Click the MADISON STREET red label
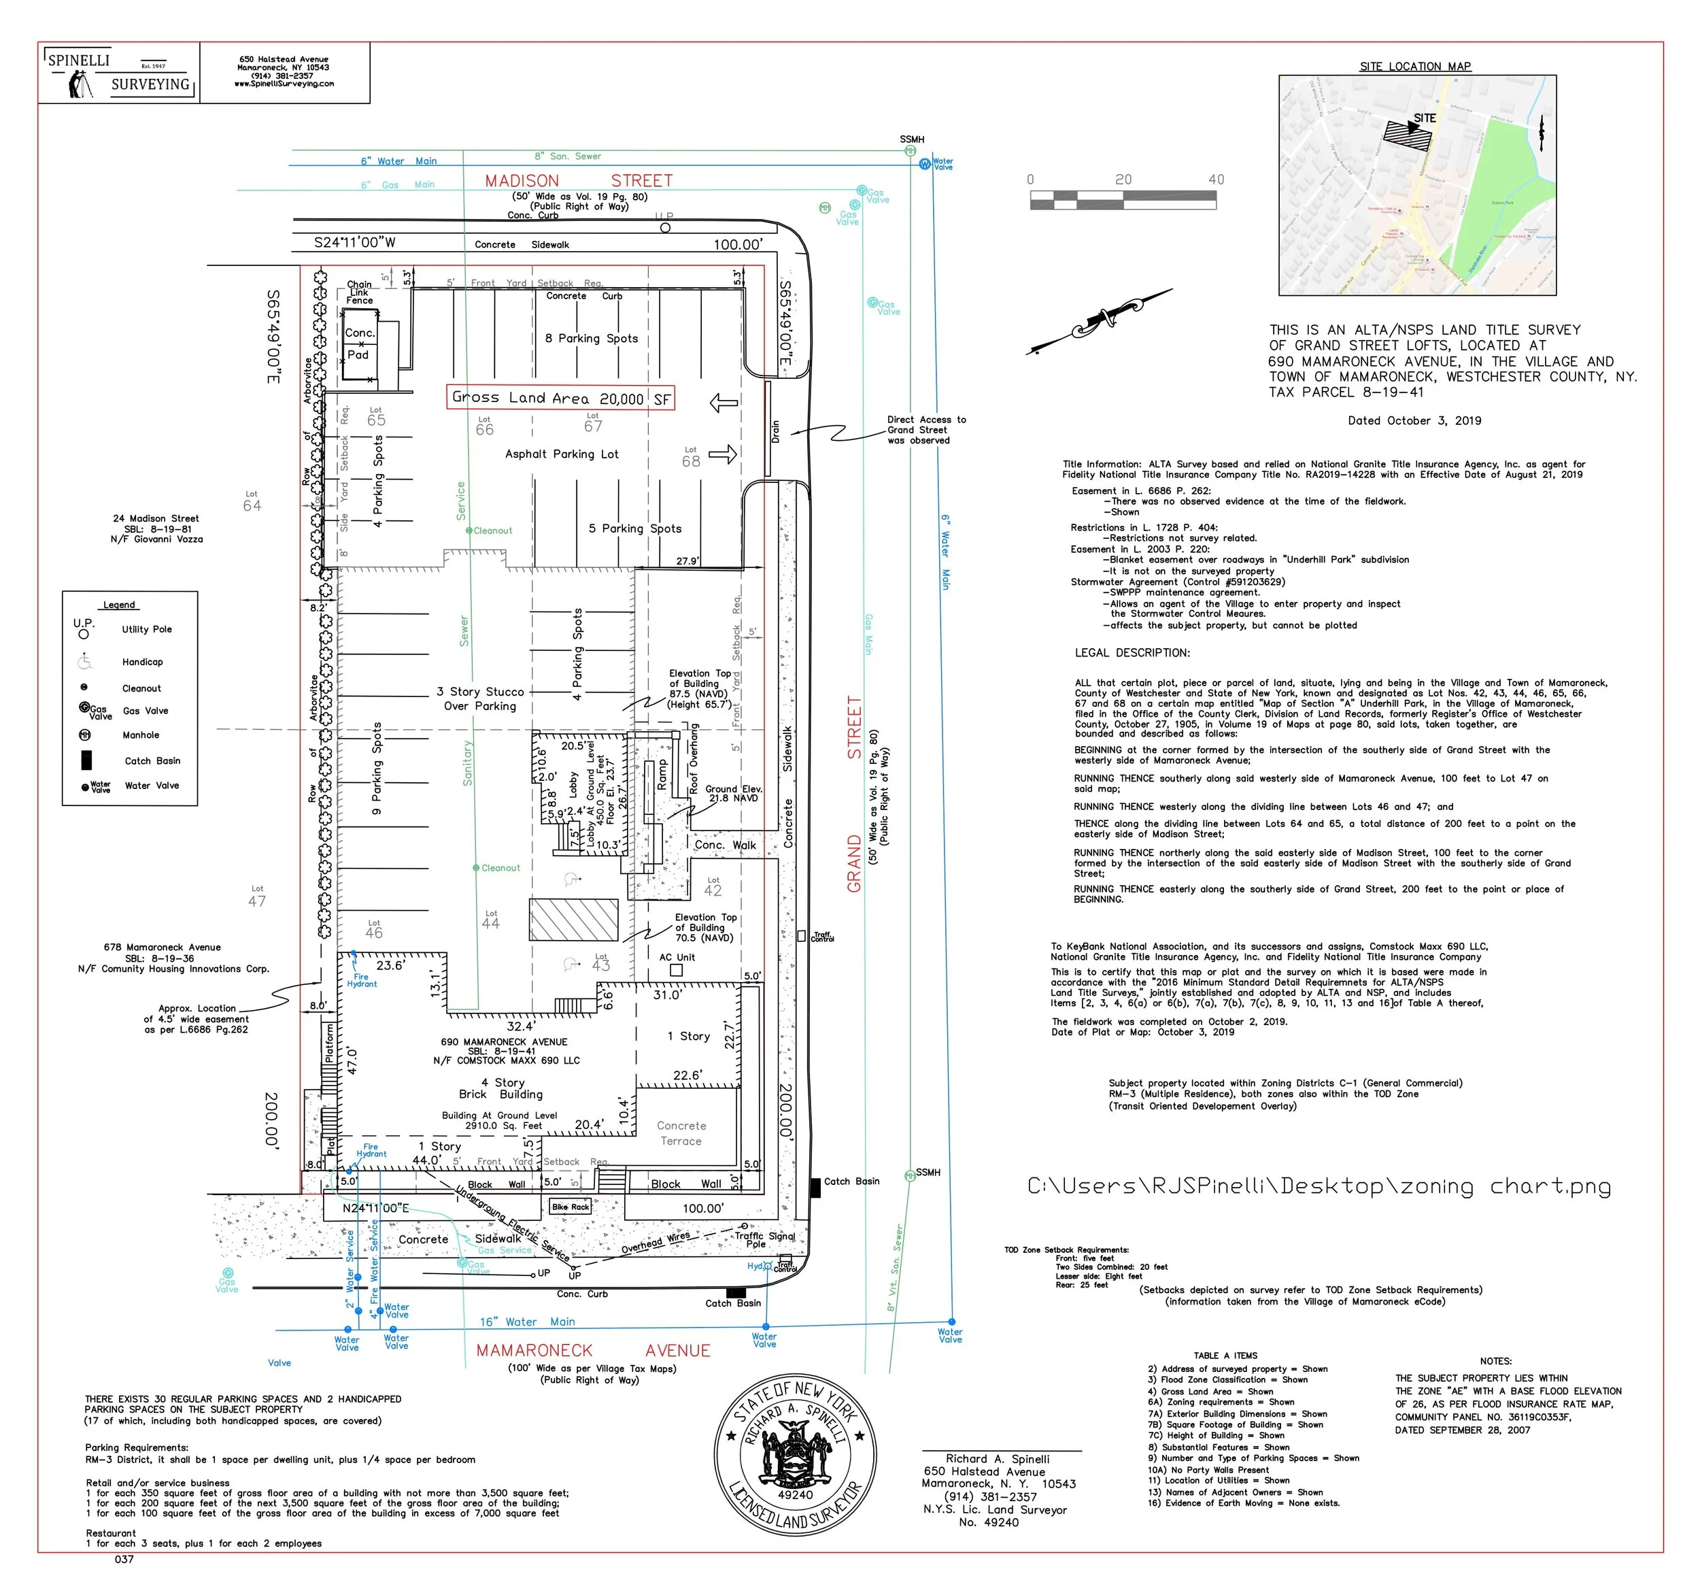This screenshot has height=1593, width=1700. coord(578,180)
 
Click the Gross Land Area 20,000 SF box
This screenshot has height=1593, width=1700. coord(561,398)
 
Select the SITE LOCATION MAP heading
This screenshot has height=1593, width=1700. coord(1415,66)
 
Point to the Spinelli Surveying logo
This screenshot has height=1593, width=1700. coord(119,73)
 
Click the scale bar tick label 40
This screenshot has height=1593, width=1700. coord(1215,180)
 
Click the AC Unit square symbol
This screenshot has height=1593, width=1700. coord(675,970)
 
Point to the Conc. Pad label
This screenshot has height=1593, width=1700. coord(359,343)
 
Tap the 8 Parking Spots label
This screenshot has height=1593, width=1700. coord(591,338)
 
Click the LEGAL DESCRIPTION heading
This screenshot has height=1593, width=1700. coord(1132,653)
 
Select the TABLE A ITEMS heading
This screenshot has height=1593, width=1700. coord(1225,1355)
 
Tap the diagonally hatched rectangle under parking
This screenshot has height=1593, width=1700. coord(573,920)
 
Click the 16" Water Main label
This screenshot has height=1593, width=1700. coord(527,1322)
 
